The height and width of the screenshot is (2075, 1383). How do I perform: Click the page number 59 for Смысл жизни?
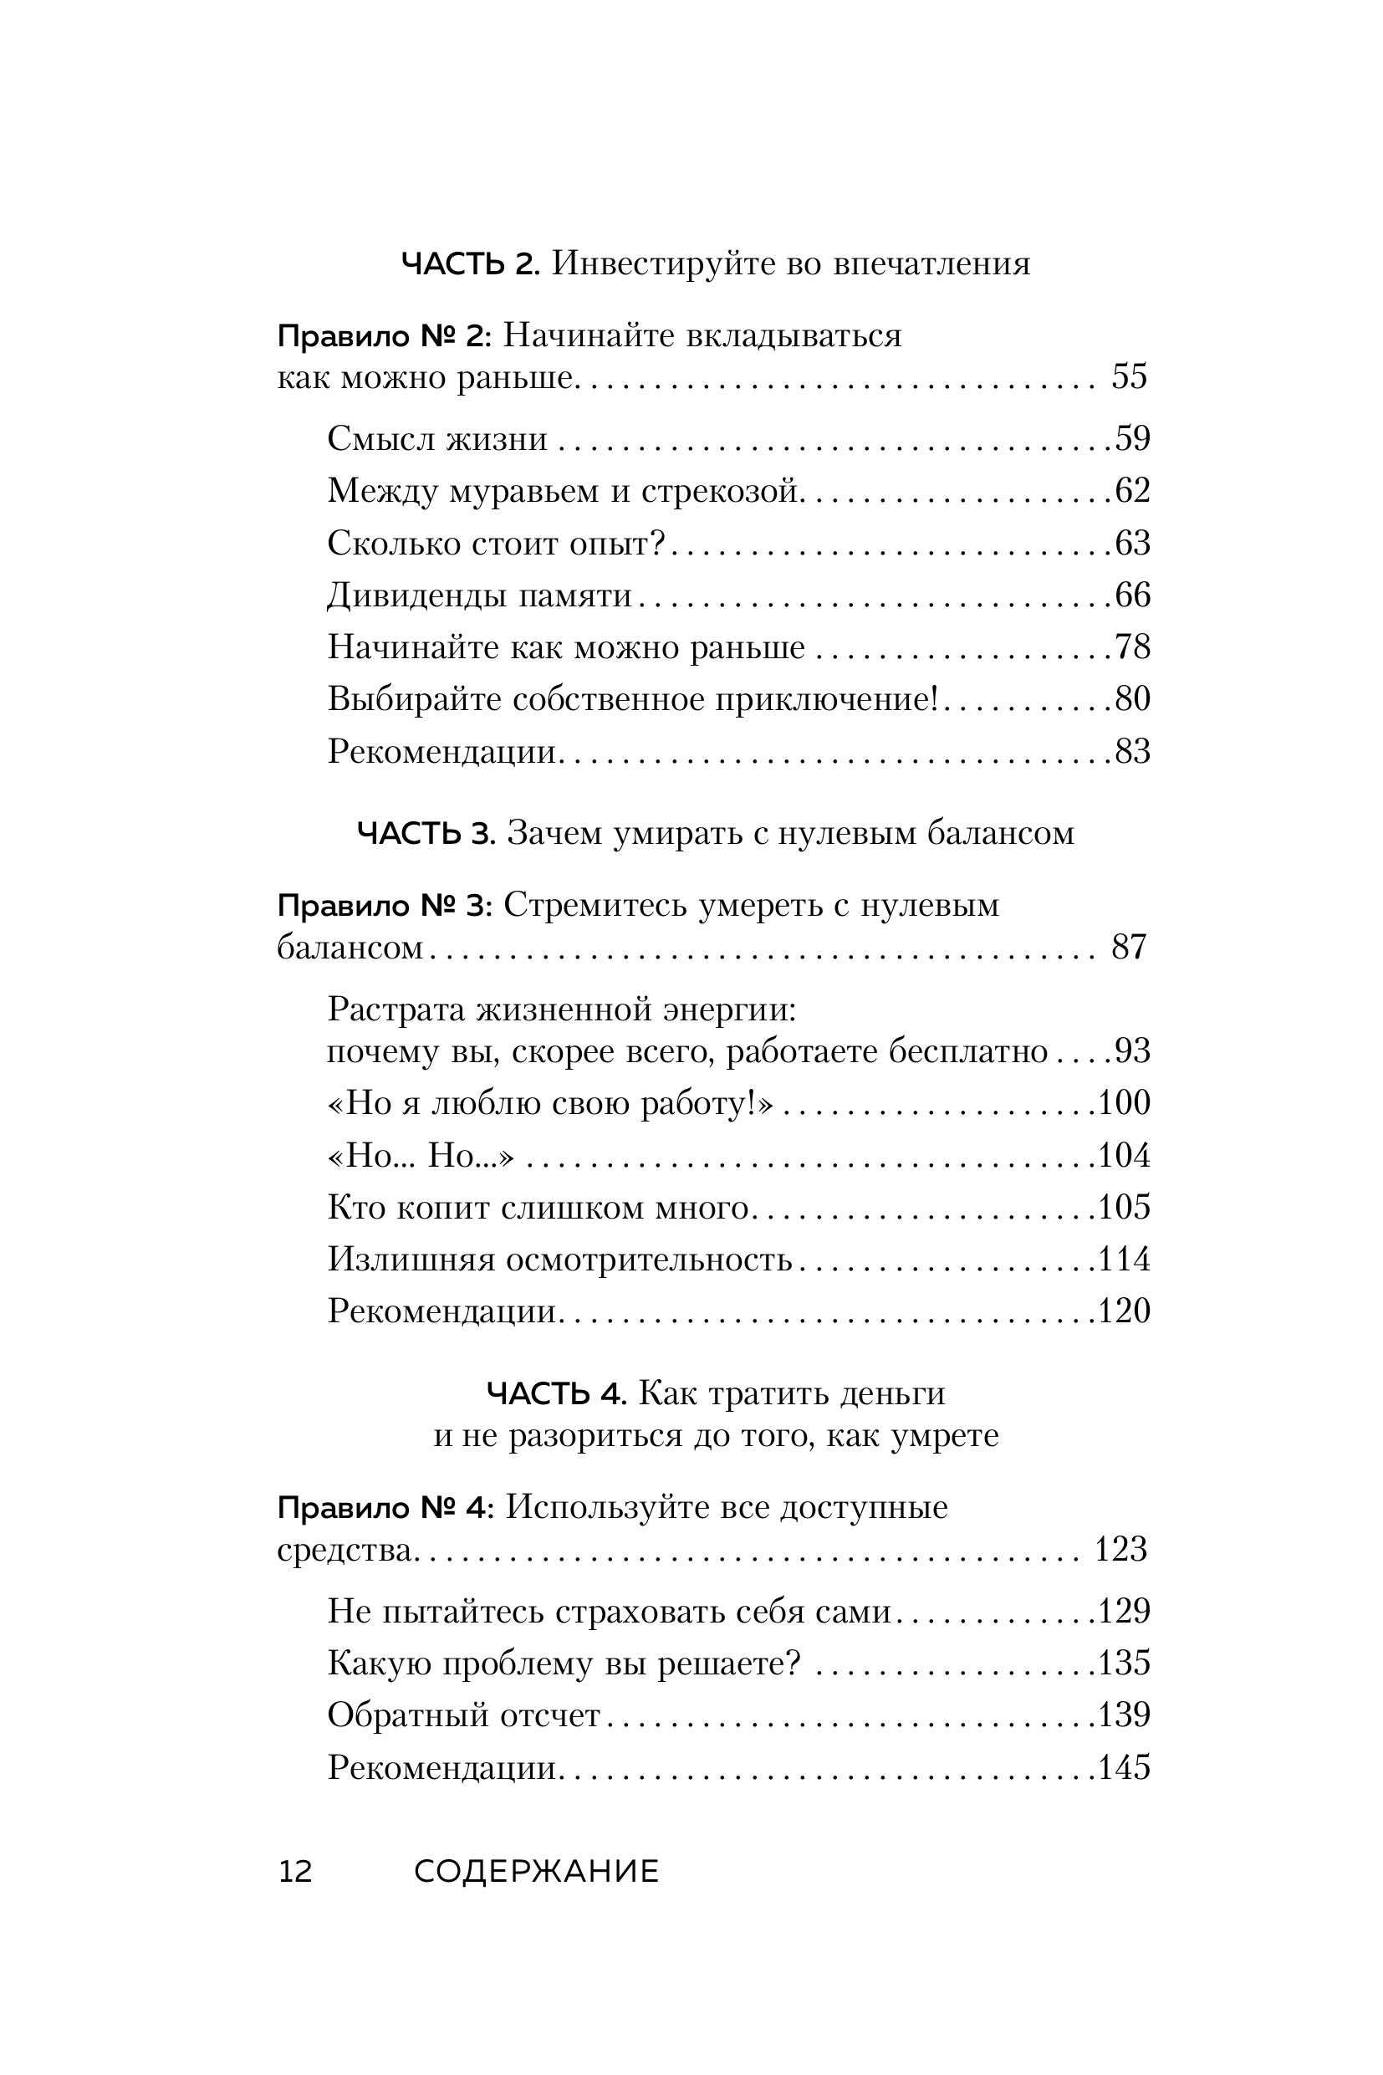pos(1132,438)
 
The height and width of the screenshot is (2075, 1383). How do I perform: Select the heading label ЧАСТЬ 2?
pos(469,263)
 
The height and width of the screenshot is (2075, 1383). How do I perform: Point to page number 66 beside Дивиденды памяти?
pos(1132,595)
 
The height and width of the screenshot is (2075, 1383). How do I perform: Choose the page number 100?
pos(1124,1103)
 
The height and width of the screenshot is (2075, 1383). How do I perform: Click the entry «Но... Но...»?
pos(420,1156)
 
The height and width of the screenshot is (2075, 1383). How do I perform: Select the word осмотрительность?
pos(648,1260)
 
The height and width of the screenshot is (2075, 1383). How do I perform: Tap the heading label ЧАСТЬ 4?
pos(557,1394)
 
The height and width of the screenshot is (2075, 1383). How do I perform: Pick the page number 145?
pos(1124,1767)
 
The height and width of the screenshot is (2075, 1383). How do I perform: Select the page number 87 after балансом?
pos(1129,947)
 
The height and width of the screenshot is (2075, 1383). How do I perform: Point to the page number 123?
pos(1120,1550)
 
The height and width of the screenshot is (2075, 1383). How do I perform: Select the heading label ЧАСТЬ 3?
pos(426,834)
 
